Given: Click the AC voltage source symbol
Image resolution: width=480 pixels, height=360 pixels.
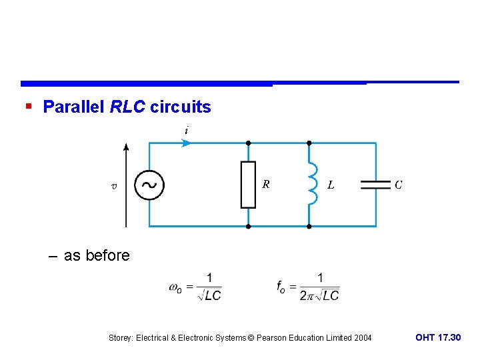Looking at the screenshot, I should click(x=149, y=185).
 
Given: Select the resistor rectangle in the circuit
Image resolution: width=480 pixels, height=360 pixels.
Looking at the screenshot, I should click(x=248, y=185).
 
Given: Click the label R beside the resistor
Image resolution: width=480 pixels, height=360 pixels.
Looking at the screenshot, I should click(x=266, y=185).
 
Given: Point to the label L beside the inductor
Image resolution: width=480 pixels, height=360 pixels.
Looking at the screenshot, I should click(x=331, y=185).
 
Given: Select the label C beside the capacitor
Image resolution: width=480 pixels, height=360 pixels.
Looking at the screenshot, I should click(x=398, y=185).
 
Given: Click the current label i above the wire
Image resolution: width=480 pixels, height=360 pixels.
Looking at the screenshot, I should click(x=186, y=131).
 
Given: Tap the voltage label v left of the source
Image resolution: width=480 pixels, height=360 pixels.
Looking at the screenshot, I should click(x=113, y=186).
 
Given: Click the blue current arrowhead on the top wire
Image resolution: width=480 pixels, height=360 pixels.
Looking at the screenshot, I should click(x=186, y=143).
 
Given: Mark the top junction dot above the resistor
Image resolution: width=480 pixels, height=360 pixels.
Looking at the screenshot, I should click(x=248, y=143).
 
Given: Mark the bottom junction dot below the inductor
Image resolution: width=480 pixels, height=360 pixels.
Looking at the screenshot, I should click(x=309, y=227).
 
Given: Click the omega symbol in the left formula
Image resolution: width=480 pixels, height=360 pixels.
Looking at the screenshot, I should click(x=175, y=287).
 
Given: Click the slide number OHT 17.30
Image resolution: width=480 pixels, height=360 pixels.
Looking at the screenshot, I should click(x=437, y=338).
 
